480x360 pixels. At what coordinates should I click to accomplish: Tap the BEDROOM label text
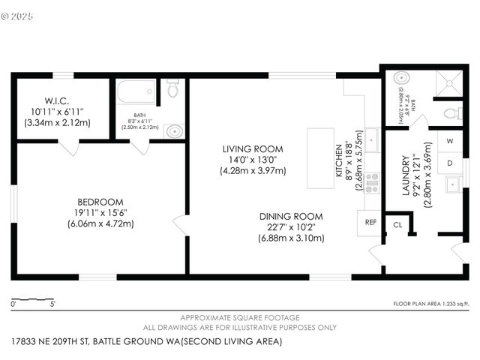tap(100, 202)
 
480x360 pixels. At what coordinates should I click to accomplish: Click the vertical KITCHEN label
tap(338, 160)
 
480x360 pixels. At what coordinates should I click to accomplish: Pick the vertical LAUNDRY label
tap(406, 175)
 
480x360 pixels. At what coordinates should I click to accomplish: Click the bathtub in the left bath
tap(136, 94)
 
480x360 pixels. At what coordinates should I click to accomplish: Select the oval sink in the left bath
tap(174, 131)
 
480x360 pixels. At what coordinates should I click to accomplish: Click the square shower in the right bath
tap(448, 81)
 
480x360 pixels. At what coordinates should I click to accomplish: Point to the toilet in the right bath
tap(451, 114)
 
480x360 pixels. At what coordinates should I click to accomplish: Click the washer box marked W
tap(450, 141)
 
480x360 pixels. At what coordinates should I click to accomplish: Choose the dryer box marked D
tap(450, 162)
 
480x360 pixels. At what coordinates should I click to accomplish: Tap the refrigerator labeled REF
tap(370, 223)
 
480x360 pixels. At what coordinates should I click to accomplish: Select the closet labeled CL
tap(397, 223)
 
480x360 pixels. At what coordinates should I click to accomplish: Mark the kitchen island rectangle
tap(319, 157)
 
